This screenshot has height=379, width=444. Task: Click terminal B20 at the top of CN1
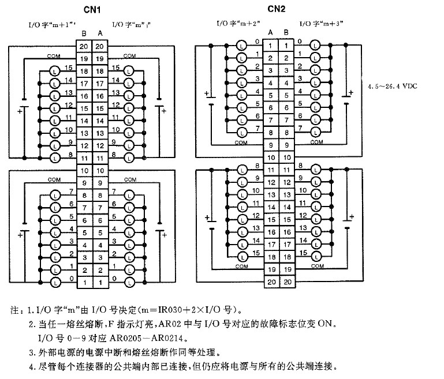coord(84,47)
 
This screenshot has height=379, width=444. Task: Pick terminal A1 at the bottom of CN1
coord(99,283)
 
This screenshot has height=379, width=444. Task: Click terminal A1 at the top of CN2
coord(270,46)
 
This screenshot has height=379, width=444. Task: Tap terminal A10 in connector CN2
coord(270,157)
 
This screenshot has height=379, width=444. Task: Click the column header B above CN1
coord(84,33)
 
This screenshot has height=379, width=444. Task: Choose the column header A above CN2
coord(270,32)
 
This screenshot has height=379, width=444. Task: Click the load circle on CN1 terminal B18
coord(54,70)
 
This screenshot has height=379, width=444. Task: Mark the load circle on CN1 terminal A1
coord(129,283)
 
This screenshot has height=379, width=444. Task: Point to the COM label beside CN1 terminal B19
coord(54,56)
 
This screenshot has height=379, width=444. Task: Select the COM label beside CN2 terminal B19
coord(317,267)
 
